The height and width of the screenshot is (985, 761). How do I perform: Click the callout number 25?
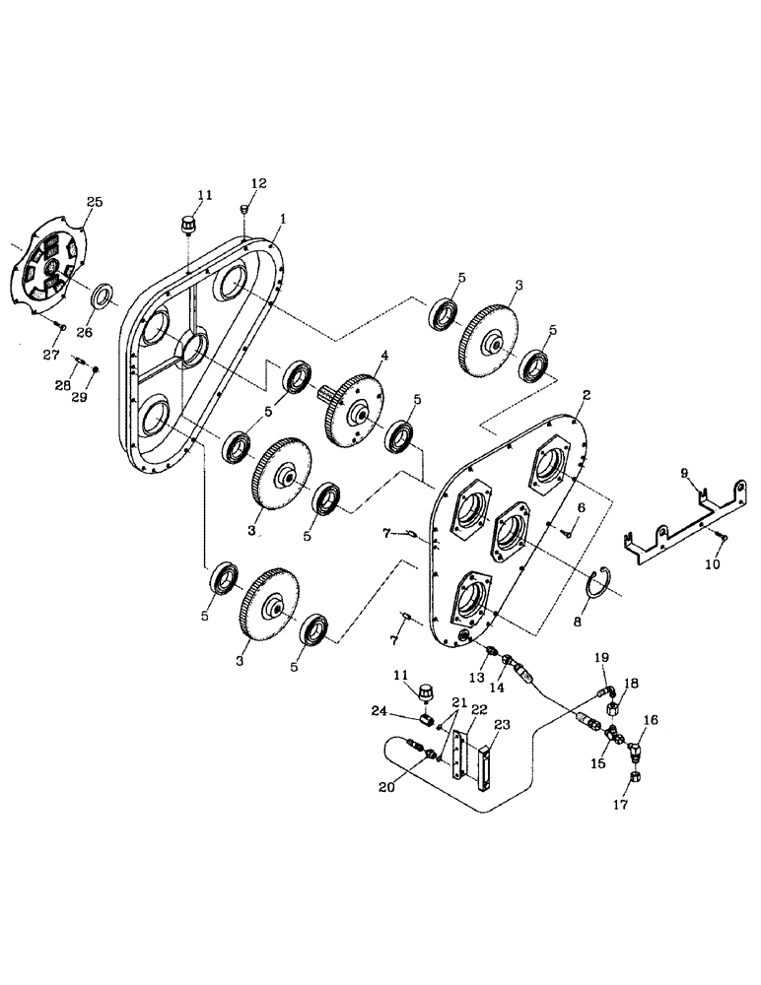coord(95,202)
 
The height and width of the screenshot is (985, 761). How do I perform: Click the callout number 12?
coord(258,184)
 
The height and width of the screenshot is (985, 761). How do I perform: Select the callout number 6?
coord(582,506)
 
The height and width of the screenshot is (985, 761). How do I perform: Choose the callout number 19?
coord(600,657)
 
